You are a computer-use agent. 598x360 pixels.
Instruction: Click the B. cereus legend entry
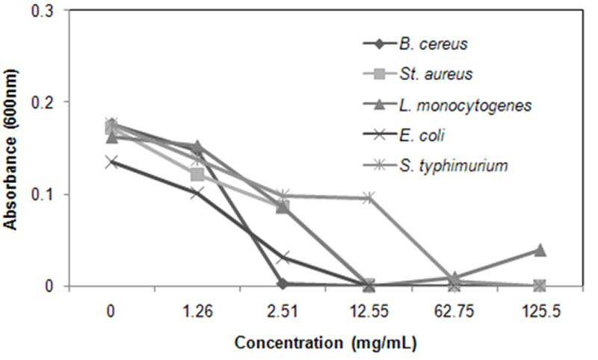(415, 43)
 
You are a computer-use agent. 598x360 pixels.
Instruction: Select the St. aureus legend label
(436, 73)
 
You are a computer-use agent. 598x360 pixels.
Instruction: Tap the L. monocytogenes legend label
(465, 105)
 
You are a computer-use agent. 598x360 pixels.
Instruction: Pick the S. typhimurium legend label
(454, 166)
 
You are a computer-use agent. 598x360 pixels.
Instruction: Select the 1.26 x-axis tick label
(197, 311)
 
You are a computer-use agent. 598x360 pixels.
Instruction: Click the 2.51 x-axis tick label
(283, 311)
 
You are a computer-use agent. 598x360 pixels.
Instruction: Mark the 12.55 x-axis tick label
(369, 311)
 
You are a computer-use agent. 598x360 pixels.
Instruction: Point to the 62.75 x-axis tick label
(454, 311)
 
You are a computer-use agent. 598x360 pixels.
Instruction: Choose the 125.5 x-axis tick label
(540, 311)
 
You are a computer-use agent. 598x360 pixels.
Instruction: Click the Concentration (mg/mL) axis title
(325, 343)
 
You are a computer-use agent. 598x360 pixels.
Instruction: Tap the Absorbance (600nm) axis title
(10, 149)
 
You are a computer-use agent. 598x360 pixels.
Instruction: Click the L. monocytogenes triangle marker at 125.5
(540, 250)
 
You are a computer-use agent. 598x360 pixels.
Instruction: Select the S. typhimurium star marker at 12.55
(369, 197)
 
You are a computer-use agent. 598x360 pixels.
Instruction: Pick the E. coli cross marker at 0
(111, 162)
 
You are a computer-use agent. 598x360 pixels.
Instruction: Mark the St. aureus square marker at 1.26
(197, 175)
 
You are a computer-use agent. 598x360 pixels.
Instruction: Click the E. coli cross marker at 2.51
(283, 257)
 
